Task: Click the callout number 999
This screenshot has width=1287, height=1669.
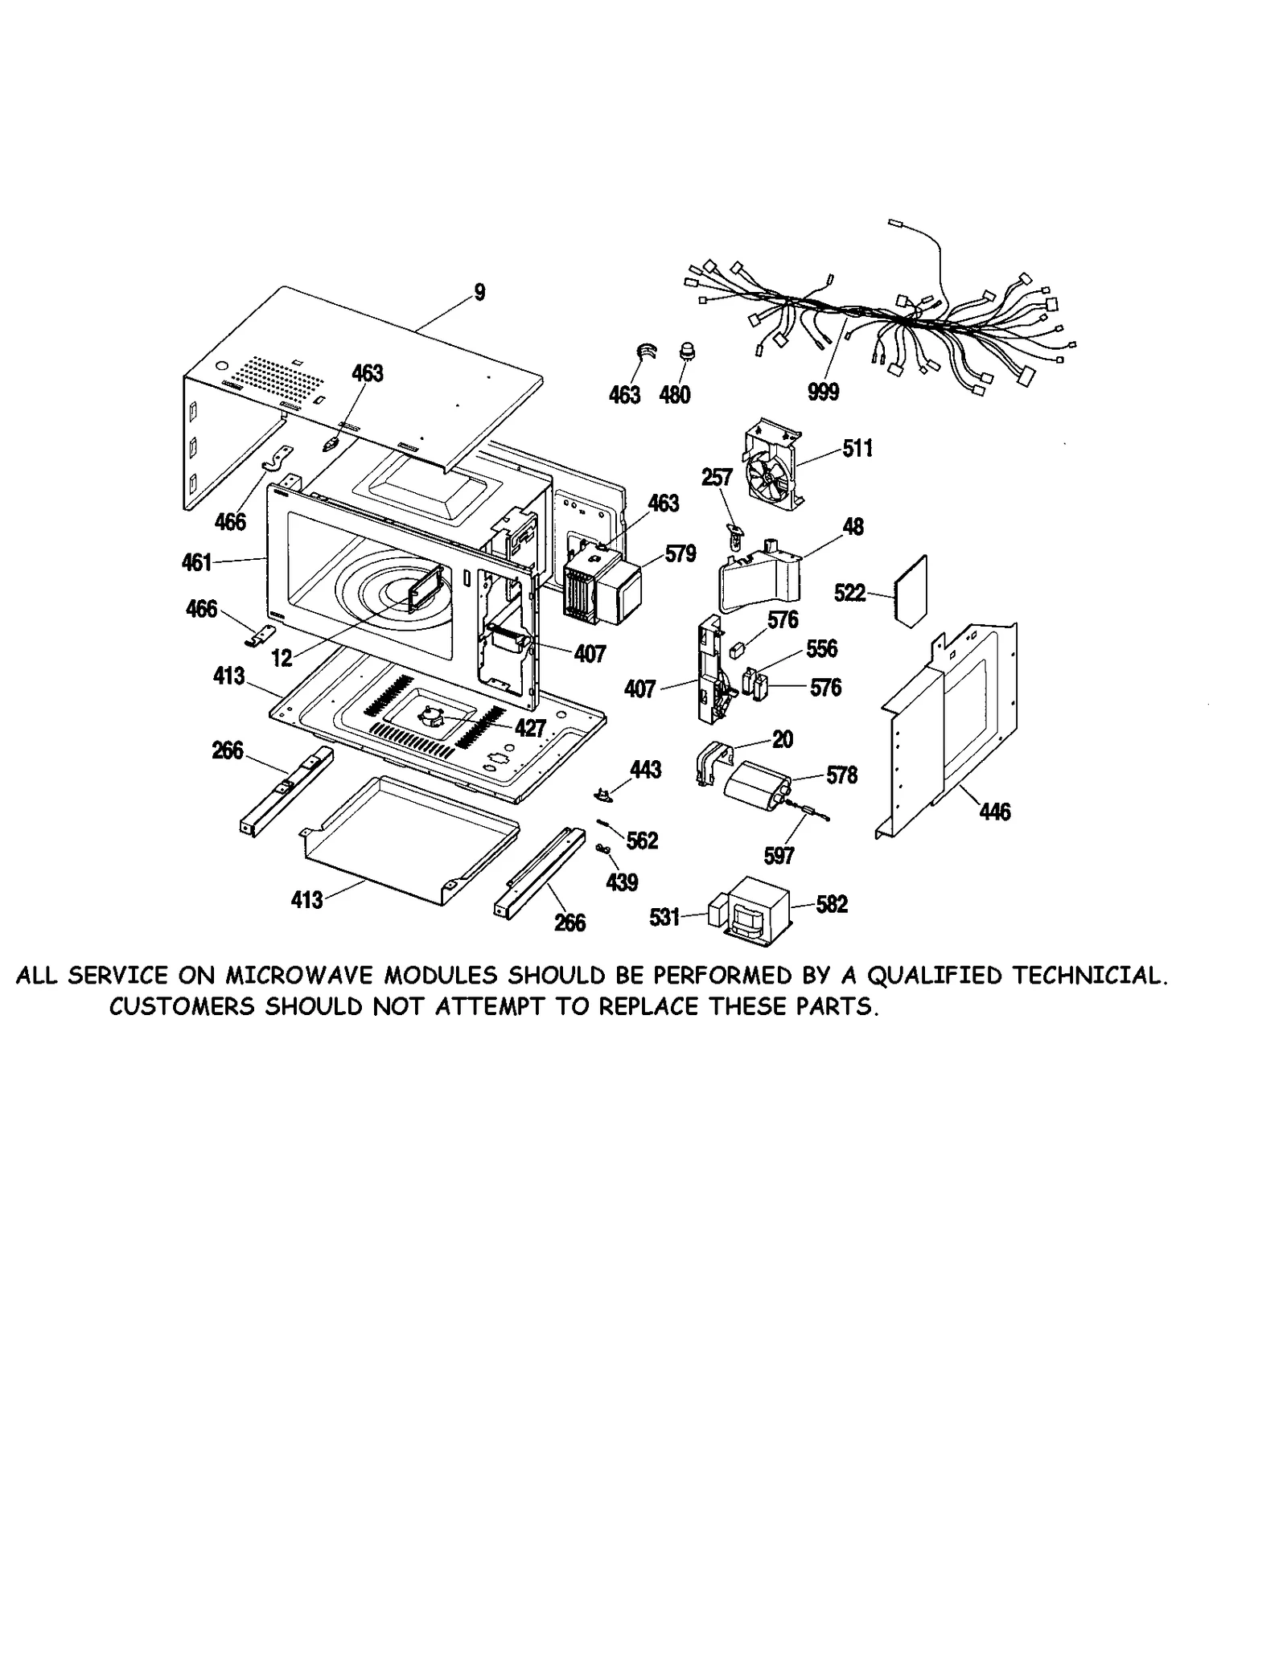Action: (x=823, y=392)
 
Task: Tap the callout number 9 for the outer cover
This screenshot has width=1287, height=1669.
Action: (x=479, y=292)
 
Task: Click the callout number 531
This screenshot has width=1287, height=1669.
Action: (x=665, y=917)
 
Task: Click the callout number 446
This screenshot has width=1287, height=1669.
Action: (x=994, y=812)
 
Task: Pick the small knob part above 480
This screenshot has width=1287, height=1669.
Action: (x=688, y=351)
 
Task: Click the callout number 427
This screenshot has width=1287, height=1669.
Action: (x=530, y=728)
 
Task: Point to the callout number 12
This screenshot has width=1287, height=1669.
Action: (x=282, y=658)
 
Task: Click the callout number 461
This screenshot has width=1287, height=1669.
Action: (x=197, y=561)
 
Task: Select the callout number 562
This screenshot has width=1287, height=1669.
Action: (x=642, y=841)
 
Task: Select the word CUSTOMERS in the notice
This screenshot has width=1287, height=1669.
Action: (x=182, y=1006)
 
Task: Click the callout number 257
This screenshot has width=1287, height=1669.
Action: (x=717, y=478)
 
